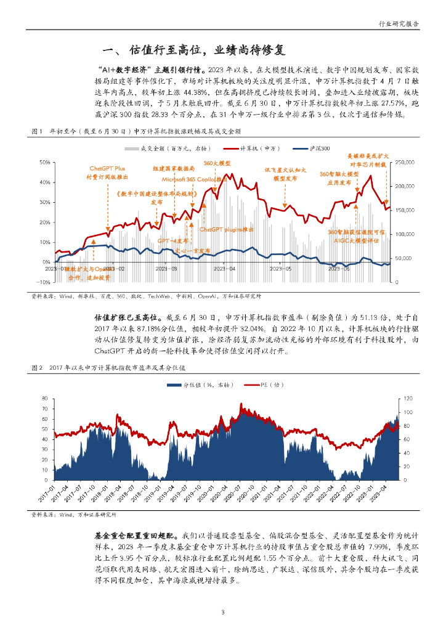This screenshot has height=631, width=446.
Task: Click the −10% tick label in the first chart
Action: (43, 282)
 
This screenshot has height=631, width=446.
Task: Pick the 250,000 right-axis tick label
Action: (403, 162)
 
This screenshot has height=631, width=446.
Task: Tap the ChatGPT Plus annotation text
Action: (107, 168)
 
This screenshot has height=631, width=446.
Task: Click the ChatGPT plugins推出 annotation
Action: (227, 229)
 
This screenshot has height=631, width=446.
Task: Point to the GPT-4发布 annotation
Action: (172, 240)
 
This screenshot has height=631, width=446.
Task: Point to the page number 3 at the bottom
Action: (223, 612)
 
